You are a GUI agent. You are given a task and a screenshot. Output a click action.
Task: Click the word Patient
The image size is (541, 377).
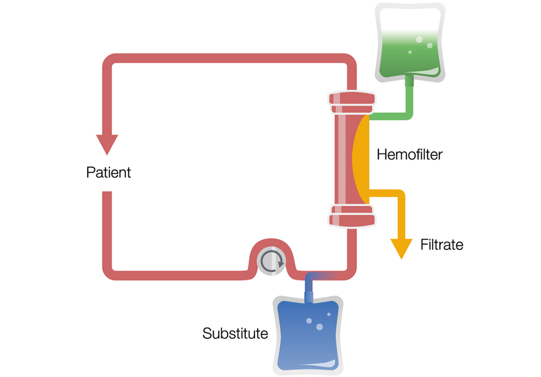pos(108,173)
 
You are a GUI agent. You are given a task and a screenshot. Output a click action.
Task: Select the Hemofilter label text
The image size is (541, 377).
pos(410,155)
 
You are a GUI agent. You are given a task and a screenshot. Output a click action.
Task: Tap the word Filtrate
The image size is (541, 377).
pos(441,245)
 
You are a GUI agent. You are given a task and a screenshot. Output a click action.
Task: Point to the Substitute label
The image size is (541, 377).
pos(235,333)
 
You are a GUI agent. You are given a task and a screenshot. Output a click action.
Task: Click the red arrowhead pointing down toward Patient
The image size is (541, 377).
pos(107,144)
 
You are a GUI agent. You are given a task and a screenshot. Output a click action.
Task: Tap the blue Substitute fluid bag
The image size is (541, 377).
pos(308,334)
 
